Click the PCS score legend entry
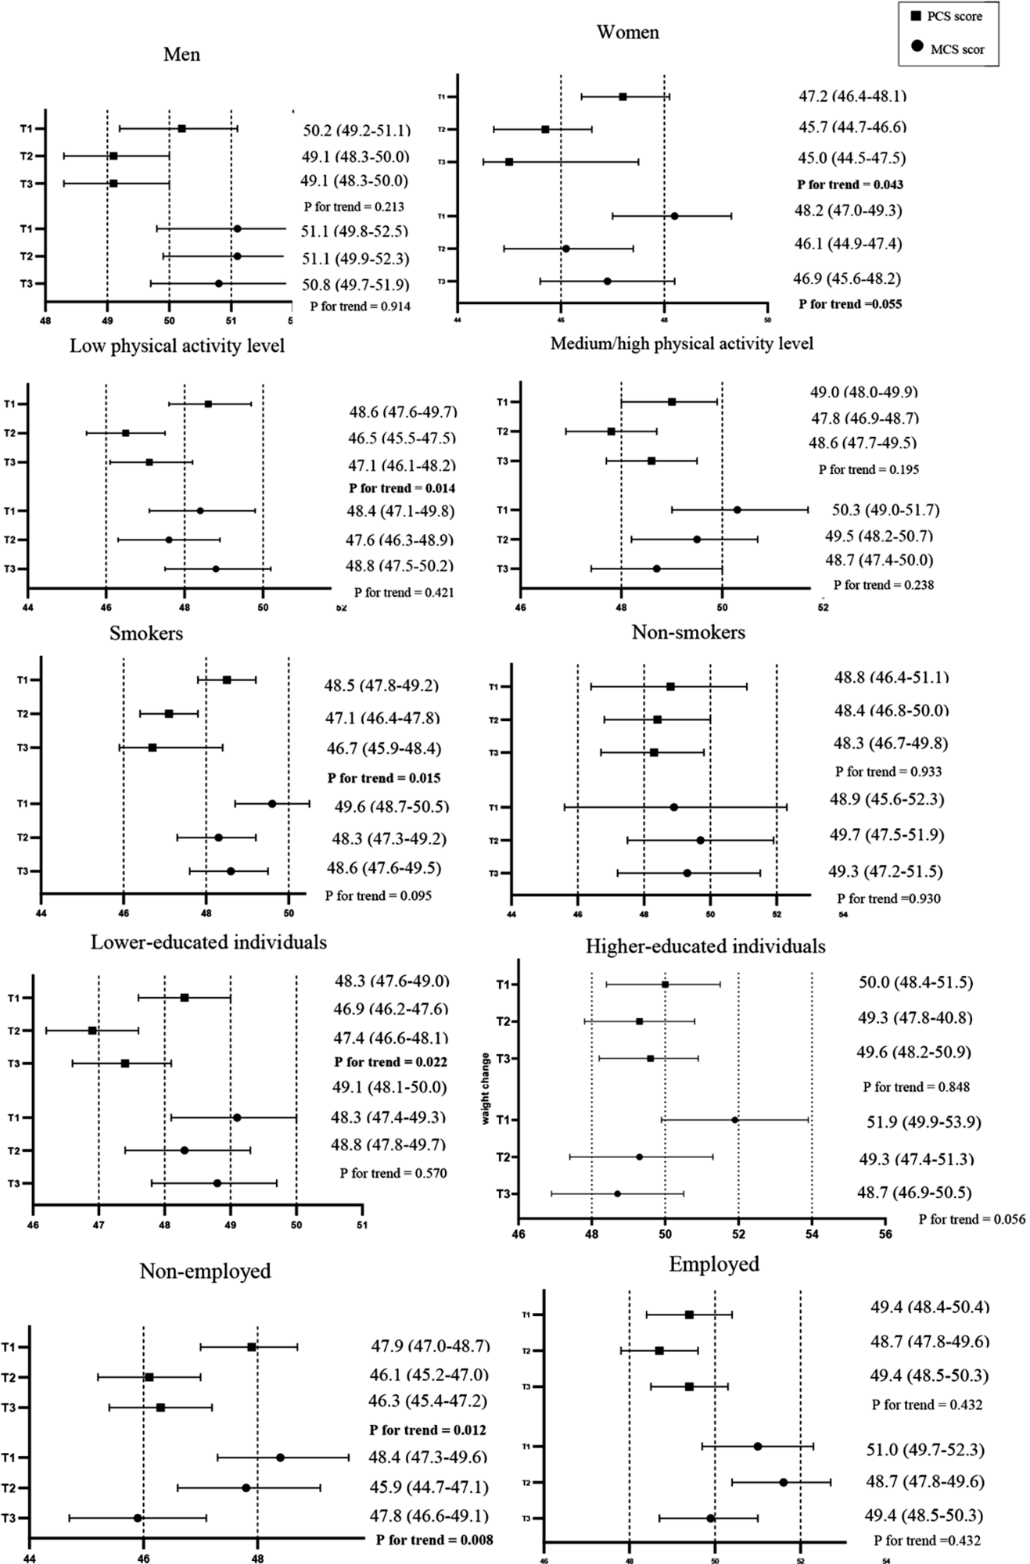(948, 16)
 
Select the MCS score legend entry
(948, 49)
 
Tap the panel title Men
(181, 54)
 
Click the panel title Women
(627, 32)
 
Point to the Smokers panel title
(146, 633)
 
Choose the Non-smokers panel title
(688, 632)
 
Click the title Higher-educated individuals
(705, 947)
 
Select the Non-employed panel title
(205, 1271)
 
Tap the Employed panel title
(714, 1264)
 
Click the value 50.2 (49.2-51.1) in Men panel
(357, 130)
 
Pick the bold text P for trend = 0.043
(850, 185)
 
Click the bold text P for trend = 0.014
(402, 488)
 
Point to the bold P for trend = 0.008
(434, 1540)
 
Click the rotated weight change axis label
(486, 1089)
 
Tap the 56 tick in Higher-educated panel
(885, 1234)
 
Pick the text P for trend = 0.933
(888, 771)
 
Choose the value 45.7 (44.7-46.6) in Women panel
(852, 127)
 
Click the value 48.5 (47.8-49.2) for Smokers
(382, 686)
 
